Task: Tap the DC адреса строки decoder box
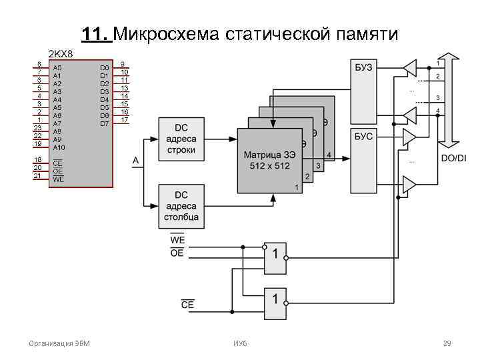[181, 139]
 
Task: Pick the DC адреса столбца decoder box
[181, 206]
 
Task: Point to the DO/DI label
[454, 158]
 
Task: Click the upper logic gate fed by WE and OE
[275, 257]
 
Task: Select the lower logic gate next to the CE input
[275, 304]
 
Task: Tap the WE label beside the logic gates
[178, 240]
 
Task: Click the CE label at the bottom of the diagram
[188, 305]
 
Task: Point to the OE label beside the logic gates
[178, 253]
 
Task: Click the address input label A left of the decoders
[136, 161]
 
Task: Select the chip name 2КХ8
[60, 53]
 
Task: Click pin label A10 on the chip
[59, 147]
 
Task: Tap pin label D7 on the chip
[104, 123]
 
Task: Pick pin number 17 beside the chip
[124, 120]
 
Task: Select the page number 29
[447, 343]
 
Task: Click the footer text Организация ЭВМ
[59, 343]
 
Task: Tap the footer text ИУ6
[240, 343]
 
